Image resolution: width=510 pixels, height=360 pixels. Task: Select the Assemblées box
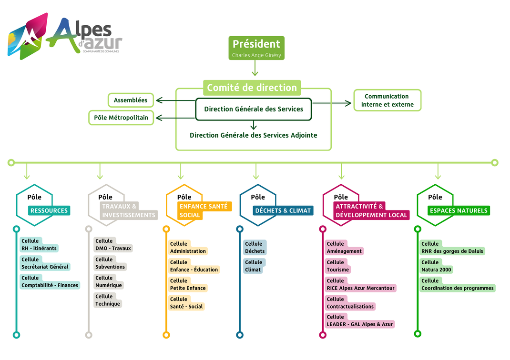(131, 100)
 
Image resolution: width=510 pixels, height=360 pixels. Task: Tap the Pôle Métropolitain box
(121, 118)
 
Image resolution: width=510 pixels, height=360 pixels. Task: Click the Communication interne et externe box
(387, 100)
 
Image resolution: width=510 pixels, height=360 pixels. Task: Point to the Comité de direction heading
(252, 88)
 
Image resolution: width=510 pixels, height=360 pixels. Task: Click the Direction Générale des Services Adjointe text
(253, 135)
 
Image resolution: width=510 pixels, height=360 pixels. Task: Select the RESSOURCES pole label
(49, 210)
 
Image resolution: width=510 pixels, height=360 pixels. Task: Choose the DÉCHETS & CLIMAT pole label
(283, 210)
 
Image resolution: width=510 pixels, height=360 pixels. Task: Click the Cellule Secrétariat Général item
(45, 263)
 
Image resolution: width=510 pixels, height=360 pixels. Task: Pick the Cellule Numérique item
(108, 282)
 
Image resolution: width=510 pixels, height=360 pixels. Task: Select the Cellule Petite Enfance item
(188, 285)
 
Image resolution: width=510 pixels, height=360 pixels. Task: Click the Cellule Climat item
(253, 266)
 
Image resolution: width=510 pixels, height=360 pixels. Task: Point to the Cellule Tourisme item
(338, 266)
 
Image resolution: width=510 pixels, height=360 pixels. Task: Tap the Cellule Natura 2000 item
(437, 266)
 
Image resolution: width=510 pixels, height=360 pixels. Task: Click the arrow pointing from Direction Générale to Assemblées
(175, 100)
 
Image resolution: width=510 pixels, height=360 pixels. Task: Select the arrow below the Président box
(255, 70)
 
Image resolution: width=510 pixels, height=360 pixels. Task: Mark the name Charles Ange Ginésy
(256, 55)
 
